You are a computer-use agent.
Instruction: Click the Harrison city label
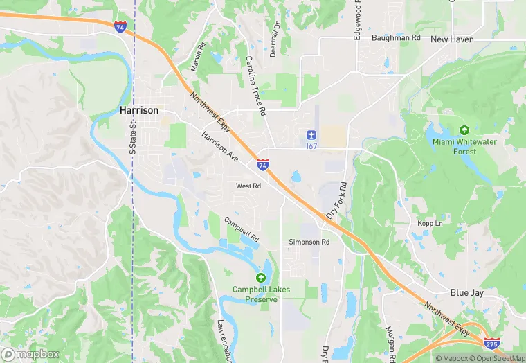pos(139,110)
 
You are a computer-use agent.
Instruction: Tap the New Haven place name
pos(452,39)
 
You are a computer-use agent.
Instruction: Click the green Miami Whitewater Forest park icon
pos(464,130)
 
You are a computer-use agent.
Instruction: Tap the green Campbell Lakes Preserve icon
pos(260,277)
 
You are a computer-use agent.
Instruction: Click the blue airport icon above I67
pos(311,134)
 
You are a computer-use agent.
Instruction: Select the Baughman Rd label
pos(396,38)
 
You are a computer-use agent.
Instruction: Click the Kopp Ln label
pos(429,223)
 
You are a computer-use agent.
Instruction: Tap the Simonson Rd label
pos(309,242)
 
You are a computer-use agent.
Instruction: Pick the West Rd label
pos(248,186)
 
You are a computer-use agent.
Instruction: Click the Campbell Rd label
pos(241,226)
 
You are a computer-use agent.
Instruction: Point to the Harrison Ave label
pos(220,147)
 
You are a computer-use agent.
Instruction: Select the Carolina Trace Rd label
pos(255,86)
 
